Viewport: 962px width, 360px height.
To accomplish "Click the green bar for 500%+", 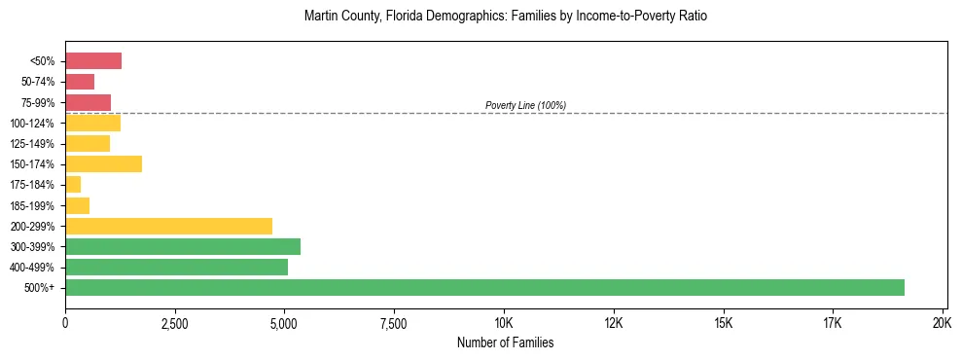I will tap(484, 287).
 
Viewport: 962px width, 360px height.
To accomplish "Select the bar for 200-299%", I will tap(168, 226).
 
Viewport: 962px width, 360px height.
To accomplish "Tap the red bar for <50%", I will tap(93, 61).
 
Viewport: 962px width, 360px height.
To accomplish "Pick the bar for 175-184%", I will tap(73, 184).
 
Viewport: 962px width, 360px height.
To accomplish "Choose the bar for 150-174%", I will tap(103, 163).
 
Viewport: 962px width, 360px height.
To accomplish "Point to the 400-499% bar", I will tap(176, 267).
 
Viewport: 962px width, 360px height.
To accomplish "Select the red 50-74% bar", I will tap(80, 82).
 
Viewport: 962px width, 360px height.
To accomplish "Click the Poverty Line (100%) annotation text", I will tap(525, 105).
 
